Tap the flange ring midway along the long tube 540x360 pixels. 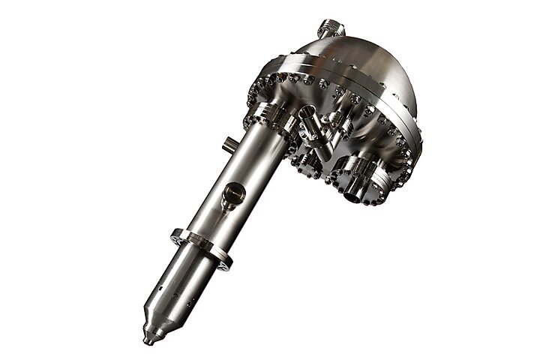pyautogui.click(x=200, y=247)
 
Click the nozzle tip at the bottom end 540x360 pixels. pyautogui.click(x=148, y=339)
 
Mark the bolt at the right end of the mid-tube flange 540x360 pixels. pyautogui.click(x=225, y=263)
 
